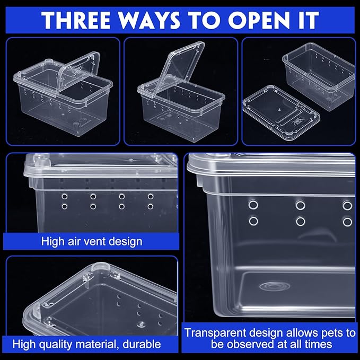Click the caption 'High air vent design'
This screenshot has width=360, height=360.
[92, 242]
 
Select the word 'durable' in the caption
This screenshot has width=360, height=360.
[141, 345]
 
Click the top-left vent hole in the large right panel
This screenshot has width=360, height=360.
[253, 205]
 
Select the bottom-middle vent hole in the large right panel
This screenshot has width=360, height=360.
[301, 222]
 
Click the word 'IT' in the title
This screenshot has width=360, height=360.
[306, 19]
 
